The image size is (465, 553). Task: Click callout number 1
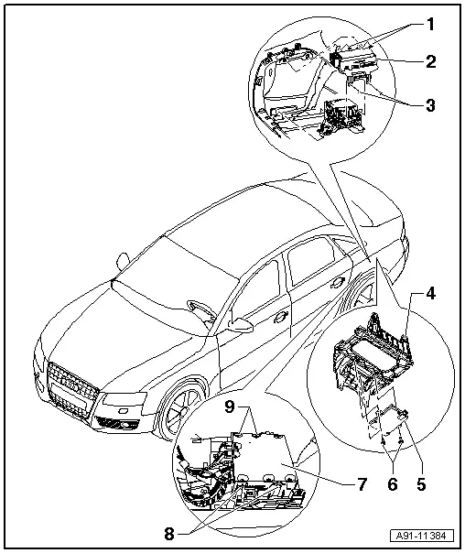coord(429,25)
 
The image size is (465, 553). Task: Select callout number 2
coord(431,61)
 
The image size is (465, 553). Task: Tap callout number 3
coord(430,105)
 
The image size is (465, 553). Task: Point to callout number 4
coord(430,293)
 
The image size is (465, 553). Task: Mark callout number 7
coord(362,484)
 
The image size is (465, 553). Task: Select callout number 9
coord(229,407)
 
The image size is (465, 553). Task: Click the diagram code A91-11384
coord(422,536)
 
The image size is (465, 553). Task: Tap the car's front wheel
coord(182,410)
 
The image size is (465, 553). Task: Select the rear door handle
coord(338,282)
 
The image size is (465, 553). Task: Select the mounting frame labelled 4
coord(373,352)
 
